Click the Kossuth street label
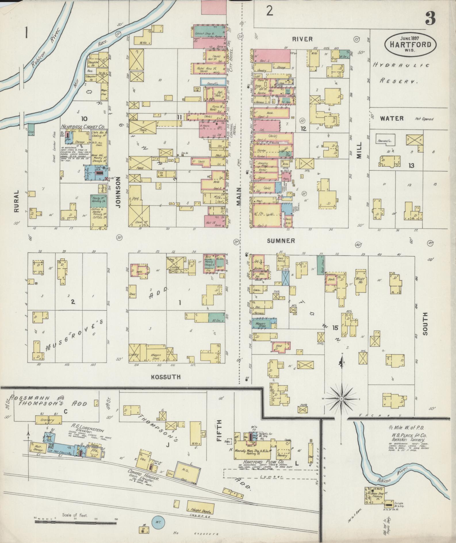coord(166,377)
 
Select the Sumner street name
coord(281,241)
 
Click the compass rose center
coord(342,399)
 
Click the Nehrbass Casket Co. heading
coord(82,127)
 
